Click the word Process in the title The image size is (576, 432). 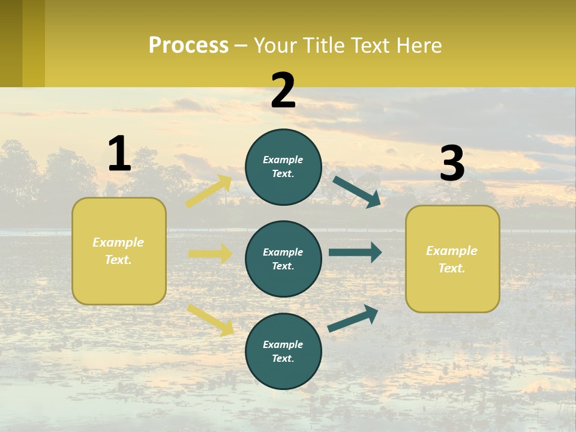coord(188,46)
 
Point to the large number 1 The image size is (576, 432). coord(119,154)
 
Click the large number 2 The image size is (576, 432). coord(283,91)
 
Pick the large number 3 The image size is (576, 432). coord(452,164)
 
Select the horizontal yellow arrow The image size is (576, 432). coord(210,254)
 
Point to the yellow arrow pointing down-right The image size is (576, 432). coord(211,319)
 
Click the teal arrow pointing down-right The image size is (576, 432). coord(357,191)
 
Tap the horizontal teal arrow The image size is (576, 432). coord(355,252)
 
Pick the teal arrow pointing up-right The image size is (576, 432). coord(353,319)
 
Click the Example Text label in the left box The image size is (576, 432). coord(118,251)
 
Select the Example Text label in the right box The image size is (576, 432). coord(452,259)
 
